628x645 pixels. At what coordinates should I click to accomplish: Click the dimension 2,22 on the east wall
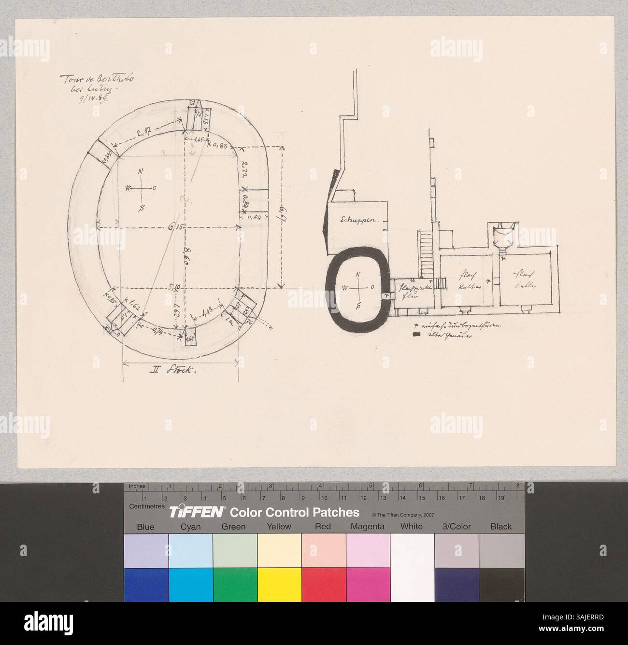(244, 169)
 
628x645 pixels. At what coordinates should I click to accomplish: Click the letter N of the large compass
(141, 171)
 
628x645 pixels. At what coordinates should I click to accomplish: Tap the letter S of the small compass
(357, 305)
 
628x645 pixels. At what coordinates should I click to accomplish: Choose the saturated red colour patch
(323, 585)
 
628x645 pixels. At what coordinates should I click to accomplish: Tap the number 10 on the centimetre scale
(324, 498)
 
